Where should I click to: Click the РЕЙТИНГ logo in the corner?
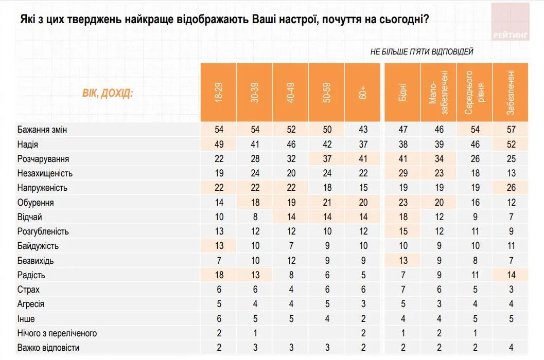[510, 22]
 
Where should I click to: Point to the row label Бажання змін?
[42, 130]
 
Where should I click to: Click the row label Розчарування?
[43, 159]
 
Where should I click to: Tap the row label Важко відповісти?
[48, 348]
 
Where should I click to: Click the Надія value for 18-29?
[219, 145]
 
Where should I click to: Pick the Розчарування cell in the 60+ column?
[362, 159]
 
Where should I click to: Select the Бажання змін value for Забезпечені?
[510, 130]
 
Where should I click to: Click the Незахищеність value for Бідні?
[402, 173]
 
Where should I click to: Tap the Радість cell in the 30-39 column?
[255, 275]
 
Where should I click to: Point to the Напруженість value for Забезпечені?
[510, 188]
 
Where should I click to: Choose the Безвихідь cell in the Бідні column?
[402, 260]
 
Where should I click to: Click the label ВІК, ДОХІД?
[108, 94]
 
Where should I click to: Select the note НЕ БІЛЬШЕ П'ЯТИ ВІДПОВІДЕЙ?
[422, 51]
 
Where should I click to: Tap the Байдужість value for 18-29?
[219, 246]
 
